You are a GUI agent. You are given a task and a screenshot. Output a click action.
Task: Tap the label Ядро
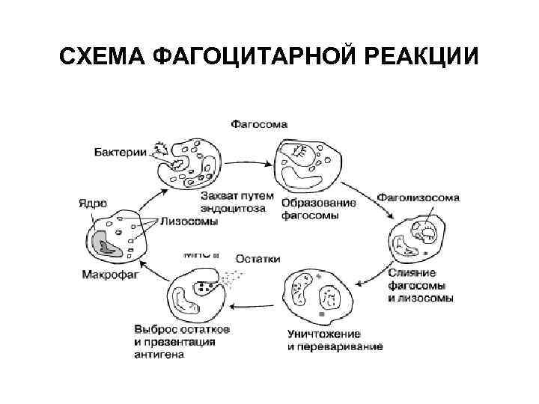(x=93, y=203)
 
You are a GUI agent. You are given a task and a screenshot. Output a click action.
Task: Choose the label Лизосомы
(x=186, y=221)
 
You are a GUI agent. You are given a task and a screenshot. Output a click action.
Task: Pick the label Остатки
(x=258, y=259)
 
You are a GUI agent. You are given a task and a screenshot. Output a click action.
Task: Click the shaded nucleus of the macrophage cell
(x=105, y=241)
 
